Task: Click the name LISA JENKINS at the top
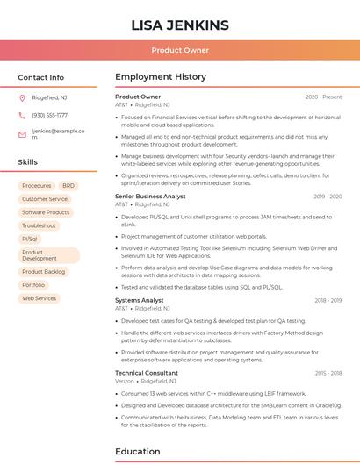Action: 179,25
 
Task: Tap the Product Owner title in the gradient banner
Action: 179,50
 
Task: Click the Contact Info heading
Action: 40,77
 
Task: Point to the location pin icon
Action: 22,98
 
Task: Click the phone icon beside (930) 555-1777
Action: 22,115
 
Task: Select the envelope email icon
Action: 22,134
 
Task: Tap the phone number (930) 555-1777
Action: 49,115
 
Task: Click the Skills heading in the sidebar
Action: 27,162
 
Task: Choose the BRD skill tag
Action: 68,186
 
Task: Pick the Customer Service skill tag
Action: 45,199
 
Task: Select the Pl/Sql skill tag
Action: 30,239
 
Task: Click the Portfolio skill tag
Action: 33,285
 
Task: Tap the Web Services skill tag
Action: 39,298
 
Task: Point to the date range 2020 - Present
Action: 323,97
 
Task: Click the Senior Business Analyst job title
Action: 150,197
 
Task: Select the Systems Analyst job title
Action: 140,300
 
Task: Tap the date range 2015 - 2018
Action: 328,373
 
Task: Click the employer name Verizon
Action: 125,382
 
